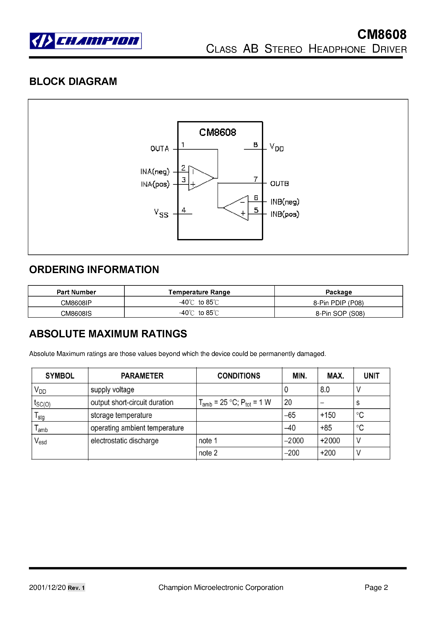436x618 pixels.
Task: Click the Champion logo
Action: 85,41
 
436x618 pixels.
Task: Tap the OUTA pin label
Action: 160,149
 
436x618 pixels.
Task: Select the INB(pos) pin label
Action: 285,214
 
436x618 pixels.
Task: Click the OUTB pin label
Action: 279,184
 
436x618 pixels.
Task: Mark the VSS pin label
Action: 161,213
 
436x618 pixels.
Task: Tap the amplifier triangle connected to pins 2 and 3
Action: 200,178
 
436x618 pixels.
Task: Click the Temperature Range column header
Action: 199,292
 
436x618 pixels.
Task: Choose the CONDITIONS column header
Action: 239,376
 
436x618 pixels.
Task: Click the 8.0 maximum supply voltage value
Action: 325,390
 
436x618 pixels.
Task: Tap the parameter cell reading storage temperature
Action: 121,415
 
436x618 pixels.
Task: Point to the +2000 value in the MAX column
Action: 330,441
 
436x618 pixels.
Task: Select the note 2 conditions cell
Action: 208,453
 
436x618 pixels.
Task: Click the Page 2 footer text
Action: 376,587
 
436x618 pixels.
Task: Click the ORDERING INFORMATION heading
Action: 94,269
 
